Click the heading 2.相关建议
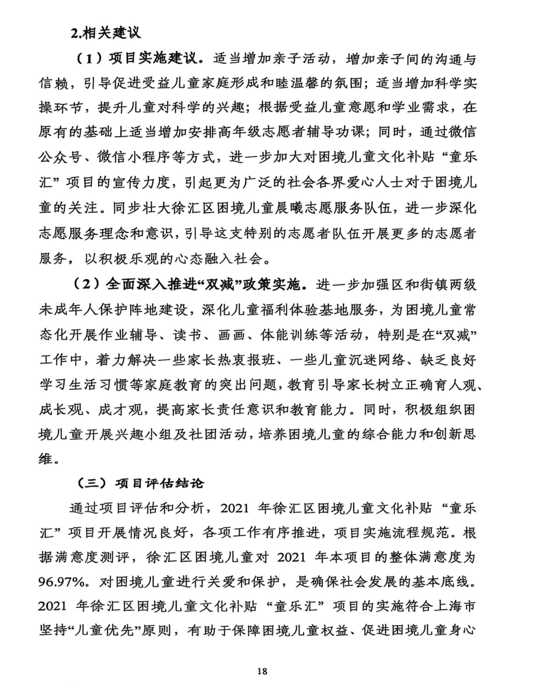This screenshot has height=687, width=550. click(x=105, y=33)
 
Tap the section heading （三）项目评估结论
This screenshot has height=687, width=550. click(x=140, y=483)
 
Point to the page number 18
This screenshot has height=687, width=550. click(x=262, y=671)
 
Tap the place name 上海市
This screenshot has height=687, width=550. click(x=457, y=606)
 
